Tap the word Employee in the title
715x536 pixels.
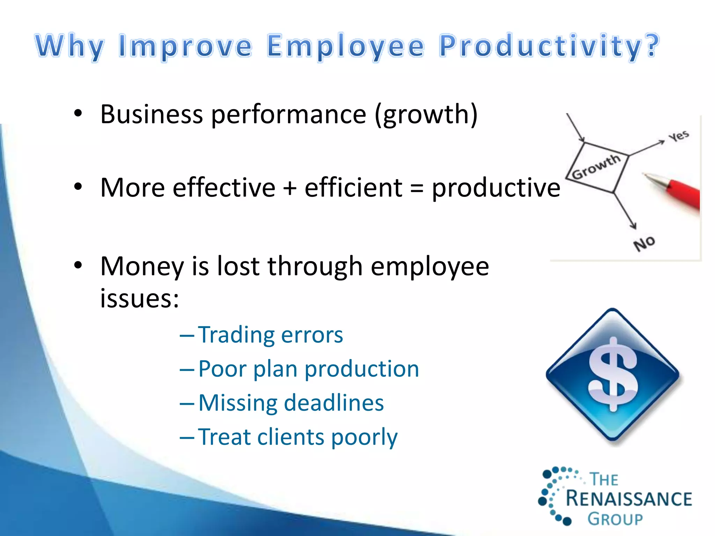coord(346,46)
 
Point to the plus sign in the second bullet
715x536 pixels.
coord(290,188)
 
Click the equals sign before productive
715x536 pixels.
coord(417,188)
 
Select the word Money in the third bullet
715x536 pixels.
coord(142,267)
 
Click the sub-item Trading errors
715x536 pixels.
coord(270,335)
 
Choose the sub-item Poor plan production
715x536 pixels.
coord(309,369)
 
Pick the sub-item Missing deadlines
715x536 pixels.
coord(291,403)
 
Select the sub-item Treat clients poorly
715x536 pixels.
coord(297,437)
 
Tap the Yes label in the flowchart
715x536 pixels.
coord(679,136)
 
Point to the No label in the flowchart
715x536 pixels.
coord(644,243)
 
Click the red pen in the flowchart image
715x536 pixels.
coord(681,194)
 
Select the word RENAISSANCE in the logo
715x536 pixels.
coord(628,499)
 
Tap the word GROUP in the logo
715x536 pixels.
coord(615,519)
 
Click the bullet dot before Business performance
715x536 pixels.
coord(78,113)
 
